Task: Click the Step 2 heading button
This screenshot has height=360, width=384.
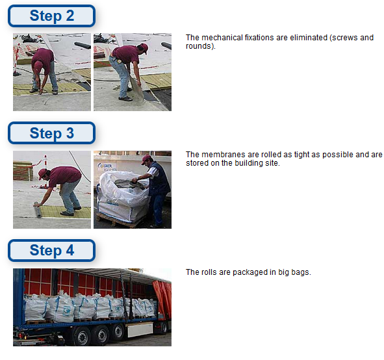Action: click(51, 16)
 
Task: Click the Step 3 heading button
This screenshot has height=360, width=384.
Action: click(51, 133)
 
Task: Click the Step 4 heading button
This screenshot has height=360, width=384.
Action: click(51, 250)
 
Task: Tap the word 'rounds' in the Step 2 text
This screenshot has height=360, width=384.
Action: click(199, 46)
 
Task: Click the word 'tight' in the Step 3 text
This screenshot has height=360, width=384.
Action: click(300, 155)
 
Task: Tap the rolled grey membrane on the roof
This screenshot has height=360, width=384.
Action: click(38, 209)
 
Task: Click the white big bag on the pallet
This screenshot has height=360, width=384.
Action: click(122, 196)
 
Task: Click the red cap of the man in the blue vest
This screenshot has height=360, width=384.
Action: click(146, 159)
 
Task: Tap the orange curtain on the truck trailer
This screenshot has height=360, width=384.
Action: click(162, 297)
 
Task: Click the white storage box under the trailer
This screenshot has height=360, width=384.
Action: click(140, 329)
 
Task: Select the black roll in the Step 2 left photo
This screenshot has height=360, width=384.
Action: click(83, 45)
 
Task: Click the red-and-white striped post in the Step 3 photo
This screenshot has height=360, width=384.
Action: click(45, 172)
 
